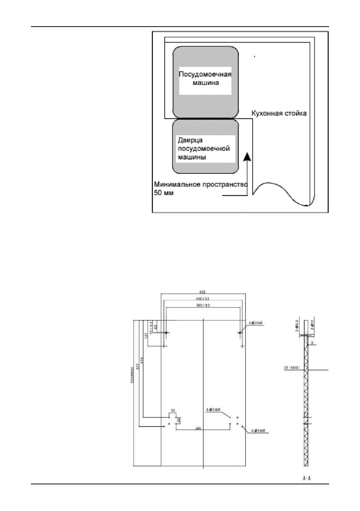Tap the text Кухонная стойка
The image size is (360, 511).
279,114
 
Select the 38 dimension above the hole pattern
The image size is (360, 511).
172,411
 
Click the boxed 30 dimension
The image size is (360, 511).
178,419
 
